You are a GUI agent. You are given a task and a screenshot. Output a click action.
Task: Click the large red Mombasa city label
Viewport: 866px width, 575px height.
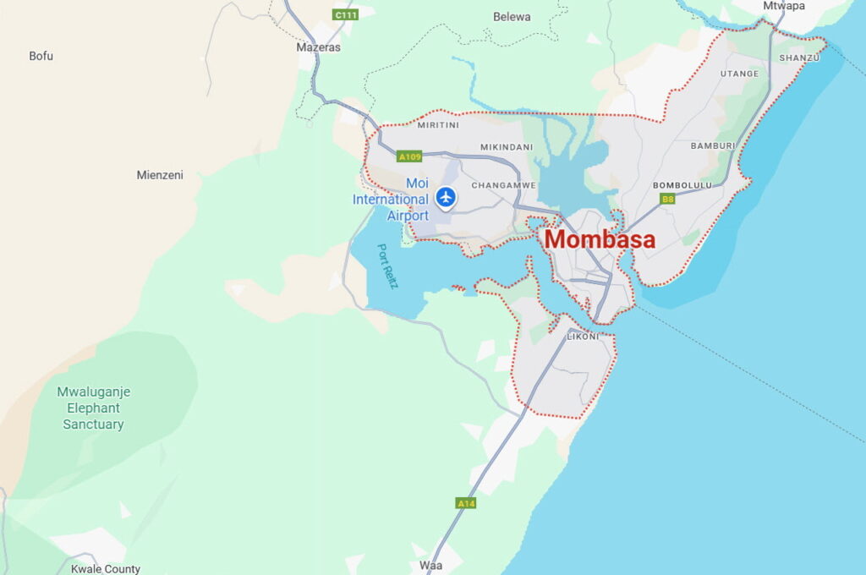pyautogui.click(x=600, y=239)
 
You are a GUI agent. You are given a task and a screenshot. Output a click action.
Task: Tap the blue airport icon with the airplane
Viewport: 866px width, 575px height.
pyautogui.click(x=446, y=198)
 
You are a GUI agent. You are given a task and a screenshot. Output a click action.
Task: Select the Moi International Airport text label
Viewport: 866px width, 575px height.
pyautogui.click(x=391, y=200)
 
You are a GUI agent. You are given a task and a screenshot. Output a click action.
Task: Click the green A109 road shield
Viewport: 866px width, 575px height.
pyautogui.click(x=409, y=156)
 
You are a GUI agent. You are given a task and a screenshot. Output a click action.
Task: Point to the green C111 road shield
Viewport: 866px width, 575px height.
pyautogui.click(x=344, y=15)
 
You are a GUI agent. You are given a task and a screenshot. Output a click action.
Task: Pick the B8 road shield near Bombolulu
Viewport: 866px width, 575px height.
pyautogui.click(x=668, y=200)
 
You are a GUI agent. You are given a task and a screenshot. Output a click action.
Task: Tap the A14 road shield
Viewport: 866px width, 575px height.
pyautogui.click(x=466, y=503)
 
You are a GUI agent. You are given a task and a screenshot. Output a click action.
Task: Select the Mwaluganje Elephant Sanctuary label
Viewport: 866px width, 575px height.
pyautogui.click(x=94, y=408)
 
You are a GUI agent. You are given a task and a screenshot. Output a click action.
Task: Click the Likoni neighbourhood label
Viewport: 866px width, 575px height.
pyautogui.click(x=583, y=337)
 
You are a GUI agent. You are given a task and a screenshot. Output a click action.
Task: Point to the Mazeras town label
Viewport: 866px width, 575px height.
pyautogui.click(x=318, y=47)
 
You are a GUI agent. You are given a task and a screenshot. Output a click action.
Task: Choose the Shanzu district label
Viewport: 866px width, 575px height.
pyautogui.click(x=799, y=57)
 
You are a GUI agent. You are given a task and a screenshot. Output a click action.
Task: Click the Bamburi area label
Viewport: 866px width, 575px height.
pyautogui.click(x=712, y=146)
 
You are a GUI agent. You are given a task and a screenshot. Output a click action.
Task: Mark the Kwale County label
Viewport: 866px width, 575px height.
pyautogui.click(x=106, y=569)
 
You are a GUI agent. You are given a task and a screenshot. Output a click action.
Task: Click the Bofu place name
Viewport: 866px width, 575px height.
pyautogui.click(x=41, y=56)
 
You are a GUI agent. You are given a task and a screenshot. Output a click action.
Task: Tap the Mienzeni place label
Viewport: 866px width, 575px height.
pyautogui.click(x=160, y=175)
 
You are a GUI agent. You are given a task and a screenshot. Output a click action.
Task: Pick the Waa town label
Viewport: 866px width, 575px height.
pyautogui.click(x=430, y=565)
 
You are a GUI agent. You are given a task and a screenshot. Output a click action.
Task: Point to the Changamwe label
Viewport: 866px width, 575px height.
pyautogui.click(x=503, y=184)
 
